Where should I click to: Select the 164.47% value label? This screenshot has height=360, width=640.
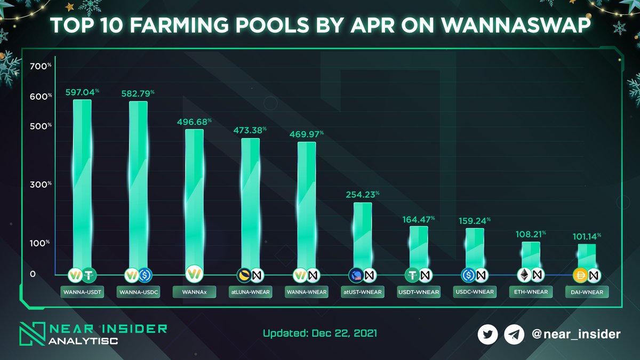(x=418, y=220)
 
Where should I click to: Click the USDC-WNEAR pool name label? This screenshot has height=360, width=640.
(x=474, y=292)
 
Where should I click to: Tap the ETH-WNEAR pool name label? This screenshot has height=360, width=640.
(x=530, y=292)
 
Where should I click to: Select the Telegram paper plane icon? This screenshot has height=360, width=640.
(x=513, y=334)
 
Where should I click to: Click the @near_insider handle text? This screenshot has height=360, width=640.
(x=576, y=334)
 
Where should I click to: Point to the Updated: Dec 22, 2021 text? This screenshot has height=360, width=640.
(x=320, y=334)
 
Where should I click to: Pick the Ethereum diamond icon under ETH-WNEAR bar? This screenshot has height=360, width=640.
(x=524, y=275)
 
